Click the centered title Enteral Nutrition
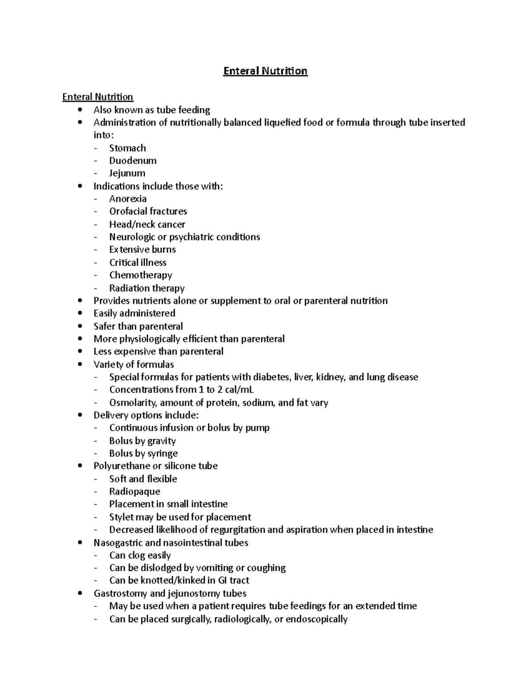[x=265, y=71]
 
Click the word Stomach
[x=127, y=148]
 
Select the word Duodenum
[x=133, y=160]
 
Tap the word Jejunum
[x=127, y=173]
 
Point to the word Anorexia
[x=128, y=199]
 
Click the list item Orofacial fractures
[x=148, y=211]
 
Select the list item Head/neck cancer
[x=147, y=224]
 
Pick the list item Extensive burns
[x=142, y=249]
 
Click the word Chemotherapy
[x=141, y=275]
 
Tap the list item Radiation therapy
[x=147, y=288]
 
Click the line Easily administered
[x=135, y=313]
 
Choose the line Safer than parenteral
[x=138, y=327]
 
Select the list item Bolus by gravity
[x=142, y=441]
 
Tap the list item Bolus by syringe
[x=143, y=453]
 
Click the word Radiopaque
[x=135, y=491]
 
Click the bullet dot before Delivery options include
[x=80, y=416]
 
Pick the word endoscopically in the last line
[x=316, y=619]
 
